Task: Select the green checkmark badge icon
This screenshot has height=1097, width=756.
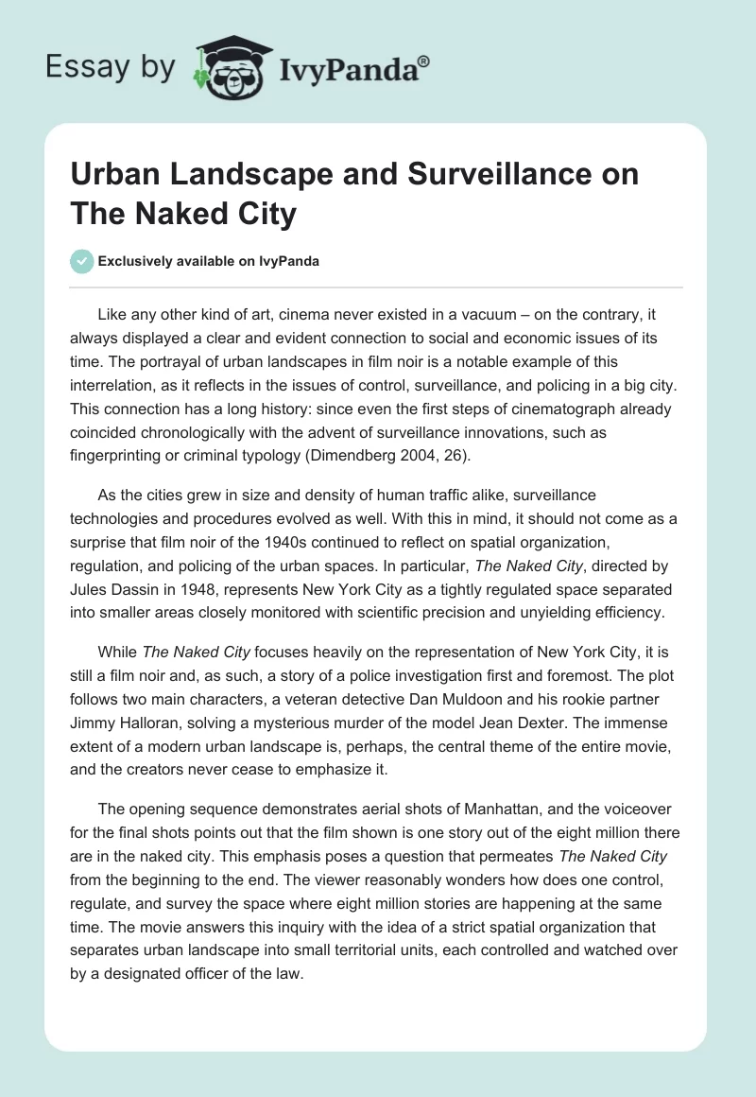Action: tap(82, 261)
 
